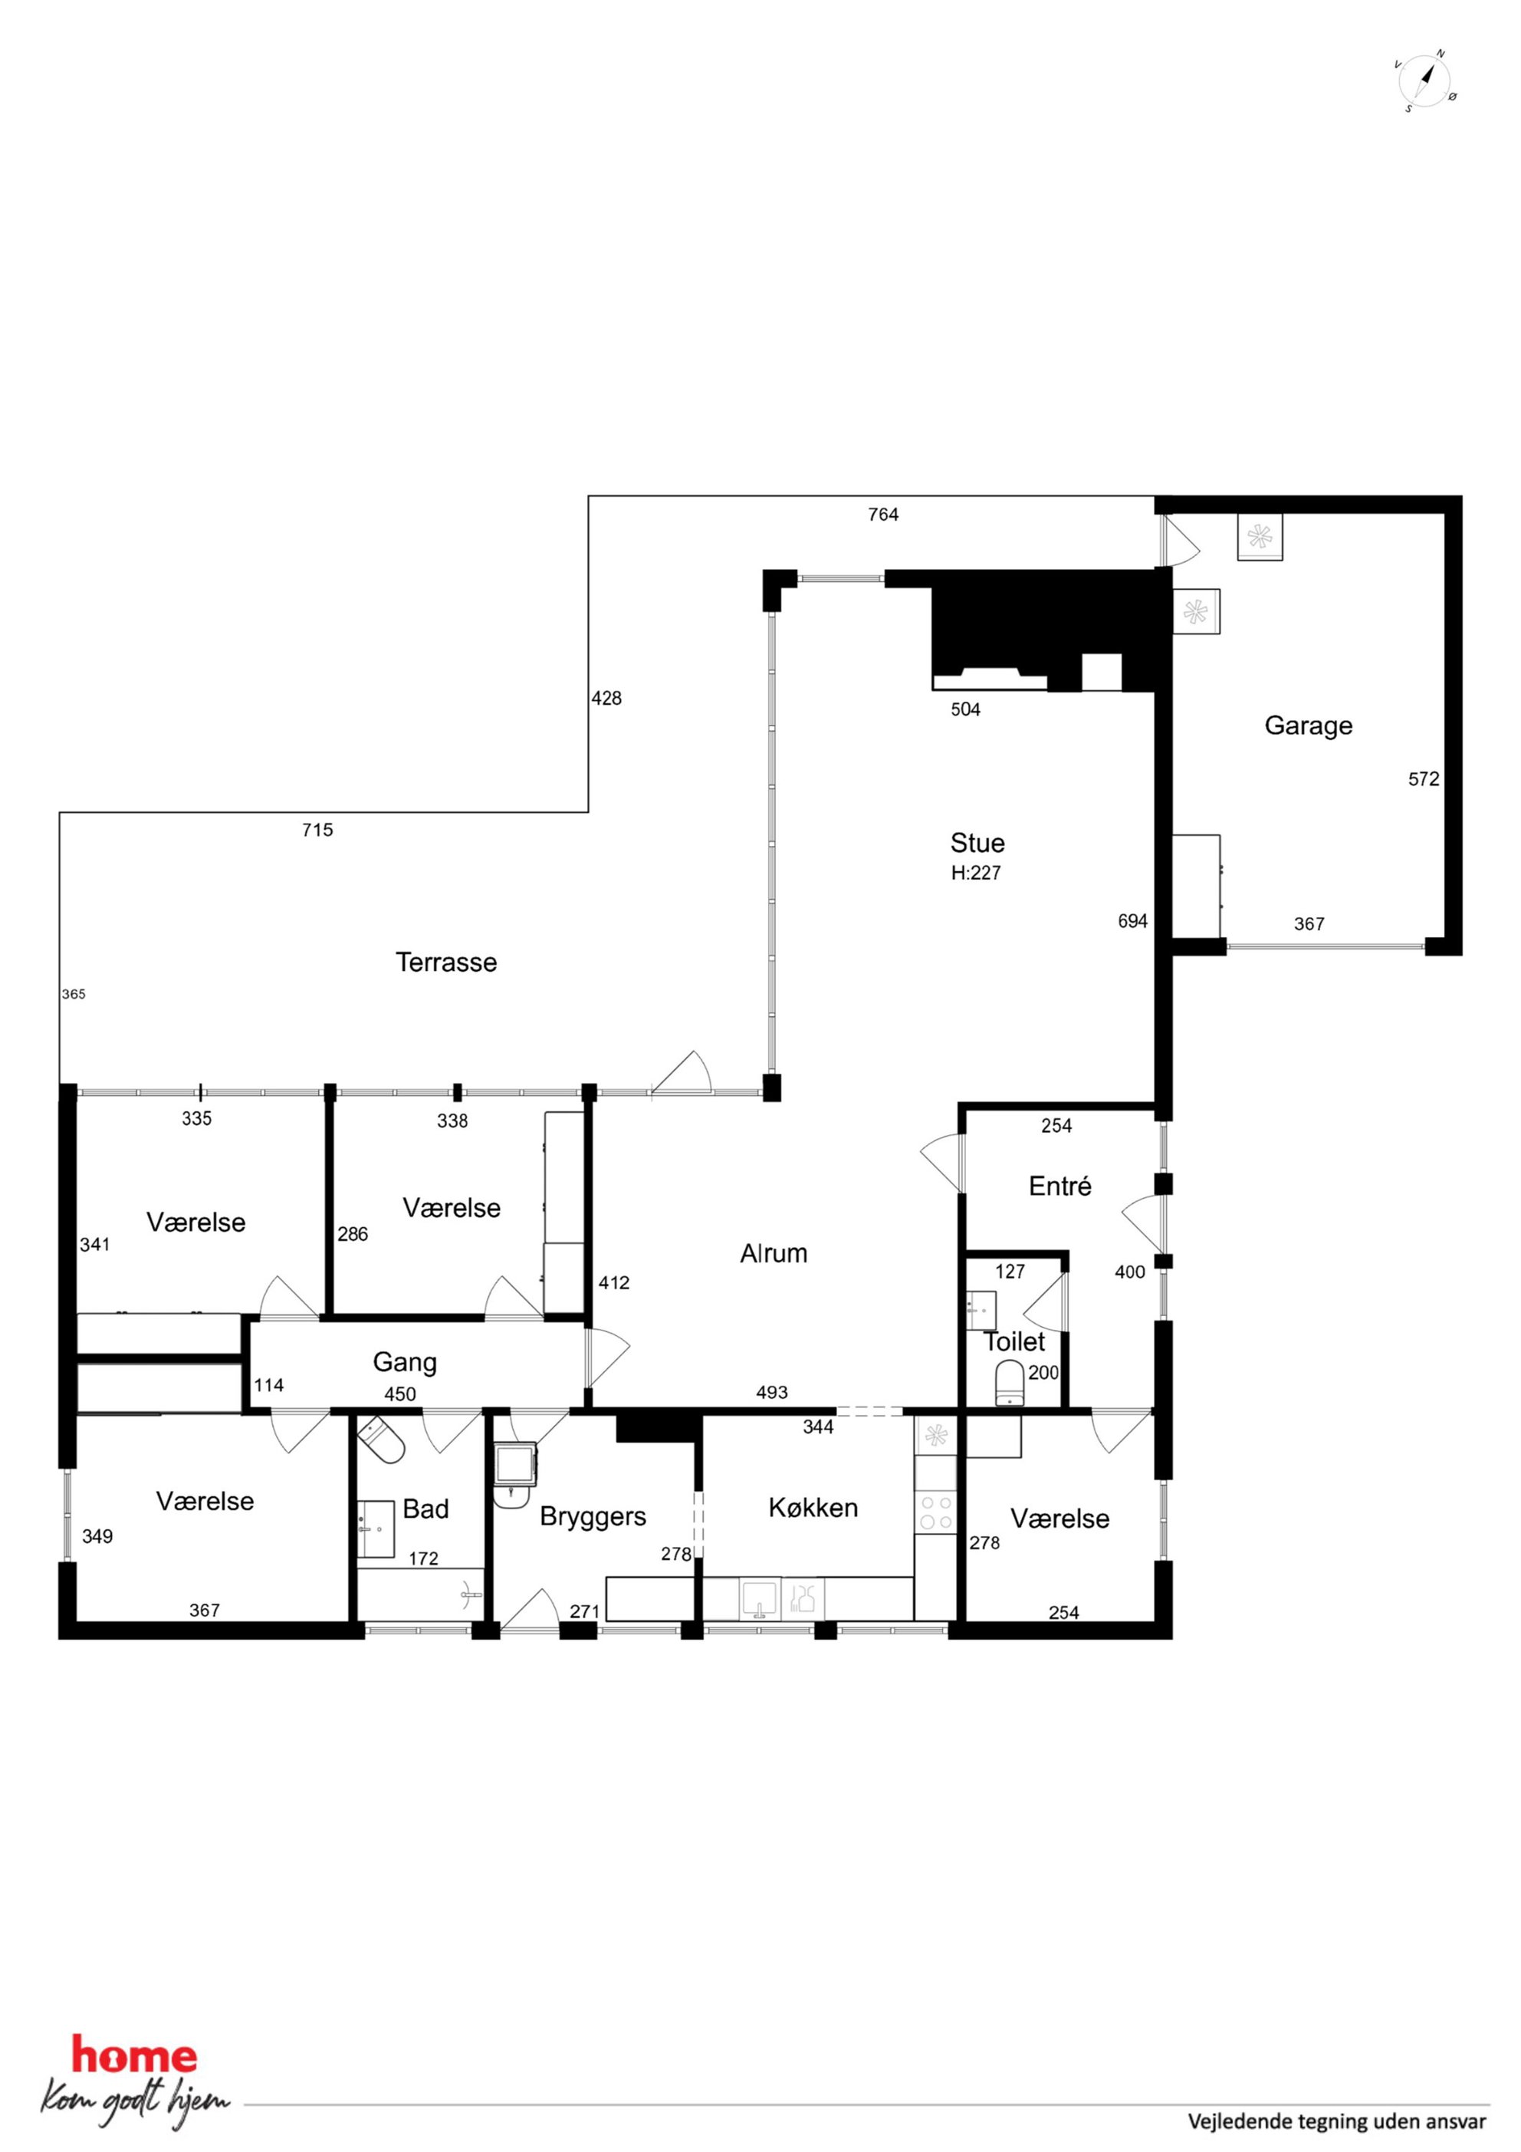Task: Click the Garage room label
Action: tap(1309, 726)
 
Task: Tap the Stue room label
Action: tap(977, 843)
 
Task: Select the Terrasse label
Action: tap(446, 962)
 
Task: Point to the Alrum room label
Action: tap(774, 1254)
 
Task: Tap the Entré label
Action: tap(1060, 1186)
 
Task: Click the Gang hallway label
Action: tap(405, 1363)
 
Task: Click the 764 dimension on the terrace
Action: tap(883, 515)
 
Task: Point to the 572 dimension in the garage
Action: tap(1424, 779)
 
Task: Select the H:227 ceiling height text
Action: tap(976, 873)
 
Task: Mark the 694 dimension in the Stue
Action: tap(1132, 921)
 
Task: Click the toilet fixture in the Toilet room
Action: tap(1010, 1384)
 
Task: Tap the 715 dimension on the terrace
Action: tap(317, 831)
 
